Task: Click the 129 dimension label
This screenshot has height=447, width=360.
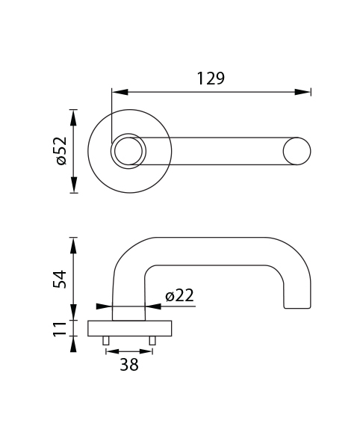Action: coord(211,78)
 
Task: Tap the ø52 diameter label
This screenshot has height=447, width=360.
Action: coord(61,151)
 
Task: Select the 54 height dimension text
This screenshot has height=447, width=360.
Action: coord(60,280)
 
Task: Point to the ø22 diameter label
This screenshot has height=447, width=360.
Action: coord(179,295)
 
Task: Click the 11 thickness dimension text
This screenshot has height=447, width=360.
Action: coord(60,328)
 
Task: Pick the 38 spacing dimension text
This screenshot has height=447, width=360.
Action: coord(129,364)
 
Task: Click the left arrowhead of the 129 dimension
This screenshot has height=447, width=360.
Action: coord(120,92)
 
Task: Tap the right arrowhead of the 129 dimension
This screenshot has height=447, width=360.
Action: coord(302,92)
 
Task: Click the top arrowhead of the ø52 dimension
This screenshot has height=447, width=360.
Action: coord(73,117)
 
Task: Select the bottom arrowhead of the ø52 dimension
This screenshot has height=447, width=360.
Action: coord(73,185)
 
